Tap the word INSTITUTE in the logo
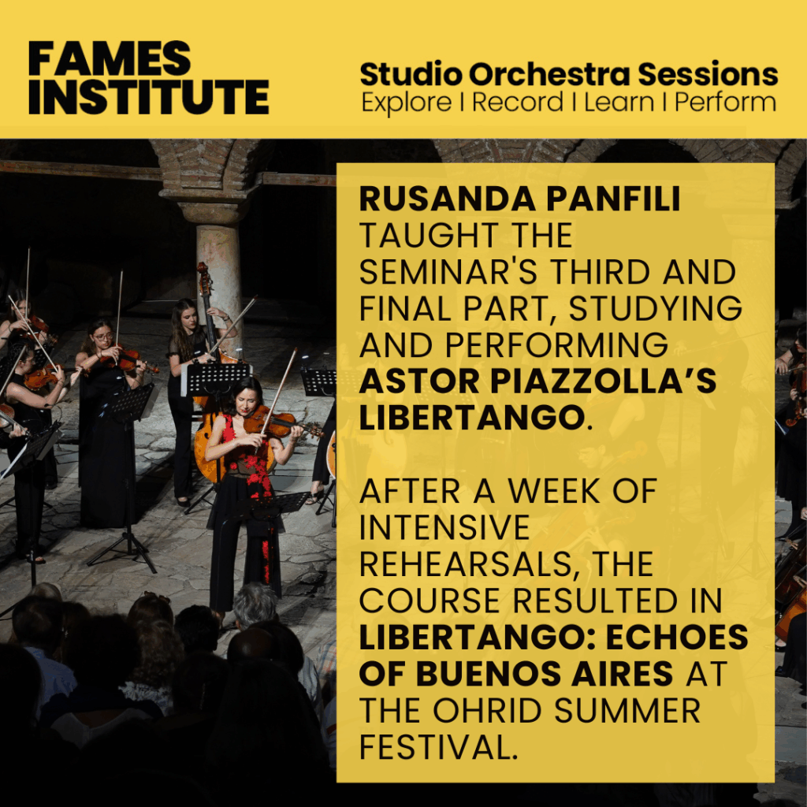click(149, 97)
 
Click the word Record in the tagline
click(518, 102)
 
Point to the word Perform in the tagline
click(726, 102)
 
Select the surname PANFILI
click(613, 199)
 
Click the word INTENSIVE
click(444, 527)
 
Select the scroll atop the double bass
click(203, 271)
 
